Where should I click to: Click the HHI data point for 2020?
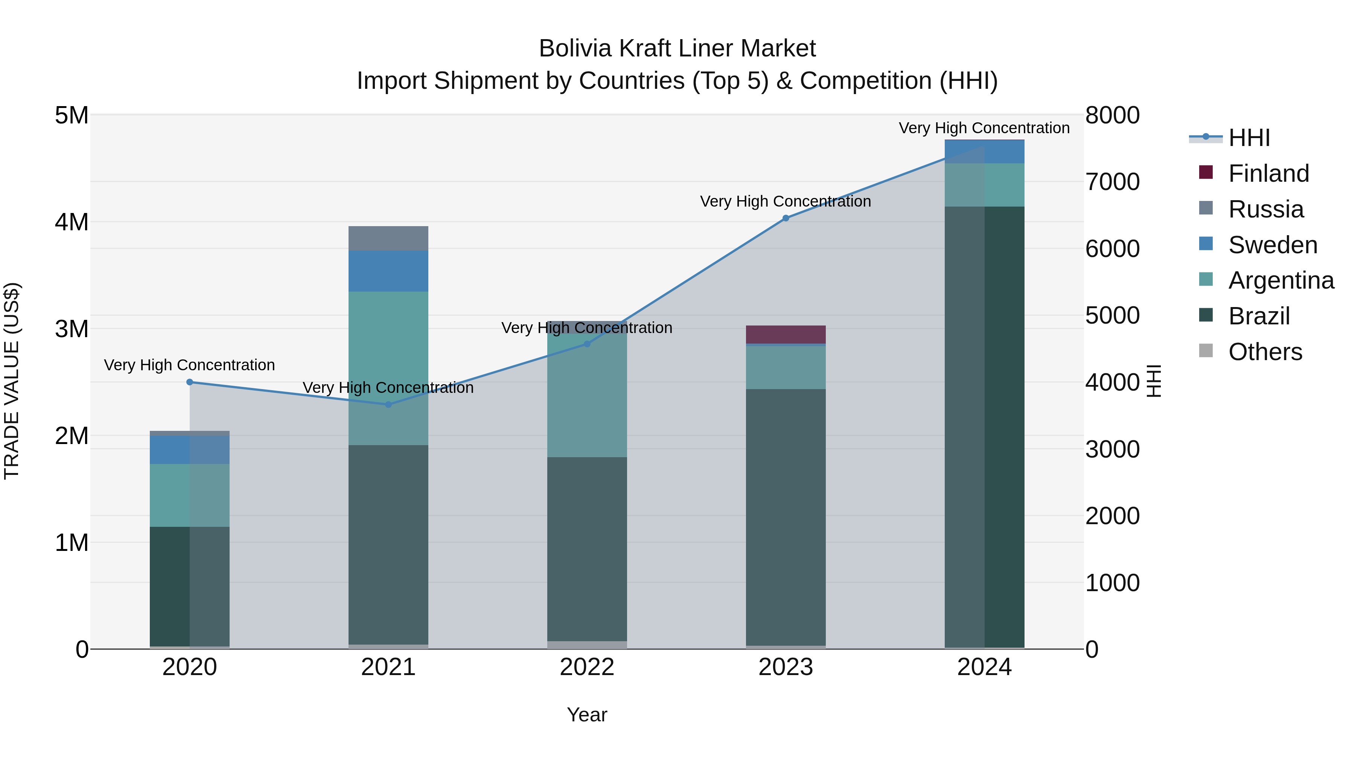(x=190, y=382)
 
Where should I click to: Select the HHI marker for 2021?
(x=388, y=405)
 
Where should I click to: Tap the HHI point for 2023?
(x=786, y=218)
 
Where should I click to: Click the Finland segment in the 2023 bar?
(x=786, y=335)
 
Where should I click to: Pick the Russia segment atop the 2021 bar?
(x=388, y=238)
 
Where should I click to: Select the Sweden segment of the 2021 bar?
(x=388, y=271)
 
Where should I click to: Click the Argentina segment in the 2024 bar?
(x=985, y=185)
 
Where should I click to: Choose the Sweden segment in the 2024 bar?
(x=985, y=152)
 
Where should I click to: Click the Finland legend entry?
(x=1268, y=173)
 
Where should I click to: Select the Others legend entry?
(x=1265, y=352)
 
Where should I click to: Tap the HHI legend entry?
(x=1249, y=138)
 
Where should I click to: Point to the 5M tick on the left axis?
(x=72, y=115)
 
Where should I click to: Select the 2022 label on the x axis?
(x=587, y=667)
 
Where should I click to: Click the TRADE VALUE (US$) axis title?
(x=12, y=381)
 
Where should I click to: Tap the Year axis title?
(x=587, y=715)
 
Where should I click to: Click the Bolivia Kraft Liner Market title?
(x=677, y=49)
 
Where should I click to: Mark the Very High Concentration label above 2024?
(x=984, y=128)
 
